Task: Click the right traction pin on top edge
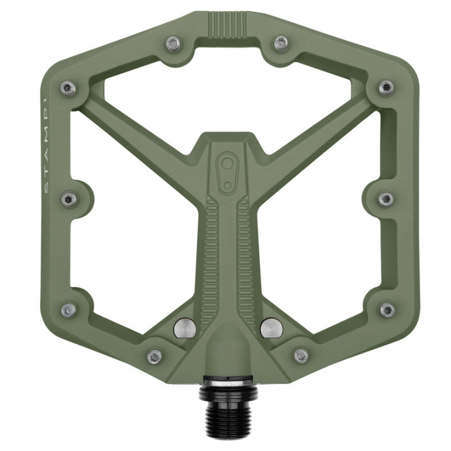click(281, 43)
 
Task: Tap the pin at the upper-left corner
click(68, 88)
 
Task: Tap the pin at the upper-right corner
click(386, 87)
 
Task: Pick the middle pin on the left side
click(70, 199)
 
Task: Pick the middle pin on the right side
click(386, 199)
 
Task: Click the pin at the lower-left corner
click(68, 309)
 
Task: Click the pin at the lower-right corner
click(387, 309)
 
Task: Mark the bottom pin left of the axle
click(154, 356)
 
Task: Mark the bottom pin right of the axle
click(301, 356)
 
